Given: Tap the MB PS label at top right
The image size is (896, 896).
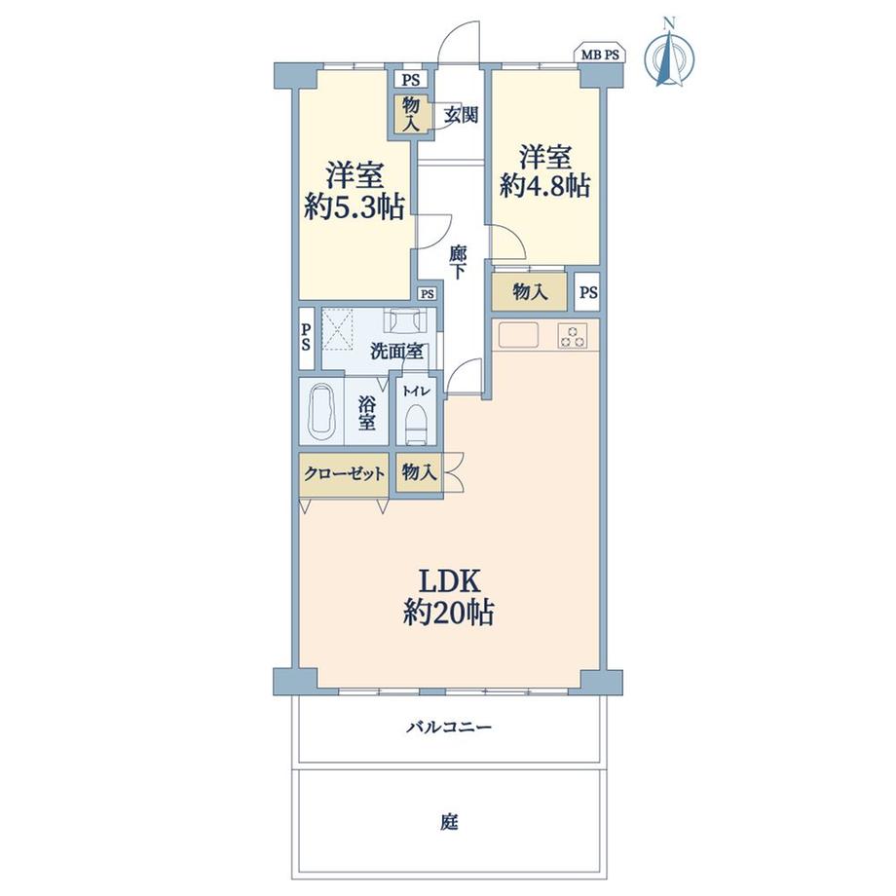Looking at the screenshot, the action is [601, 56].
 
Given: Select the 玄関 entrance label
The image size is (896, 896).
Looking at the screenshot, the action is [461, 114].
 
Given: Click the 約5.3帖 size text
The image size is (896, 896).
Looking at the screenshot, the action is [354, 208].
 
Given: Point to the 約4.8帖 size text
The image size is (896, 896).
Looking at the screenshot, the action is [544, 185].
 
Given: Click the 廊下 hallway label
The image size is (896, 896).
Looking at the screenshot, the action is [457, 262].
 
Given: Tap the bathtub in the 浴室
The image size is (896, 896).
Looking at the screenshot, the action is [321, 413].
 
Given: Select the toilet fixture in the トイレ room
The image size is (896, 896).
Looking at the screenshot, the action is [415, 422].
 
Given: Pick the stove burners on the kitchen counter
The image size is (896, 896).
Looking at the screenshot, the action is [573, 336].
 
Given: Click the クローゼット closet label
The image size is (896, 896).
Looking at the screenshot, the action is [343, 474].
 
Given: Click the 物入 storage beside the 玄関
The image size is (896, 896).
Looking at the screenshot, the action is [410, 113].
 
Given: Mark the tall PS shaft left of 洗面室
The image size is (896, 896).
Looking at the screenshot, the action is [306, 338].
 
